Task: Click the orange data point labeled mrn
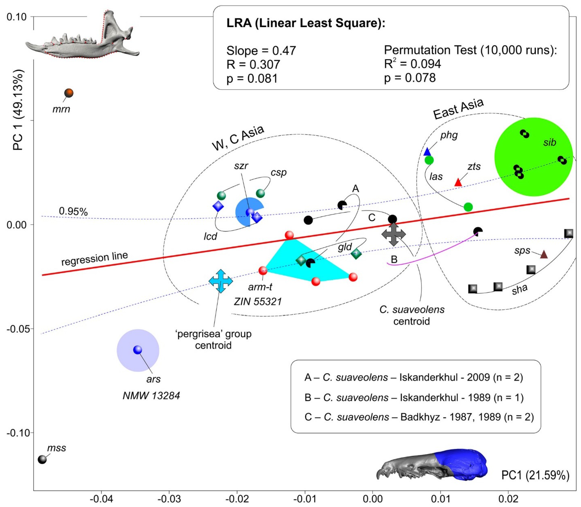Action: [69, 93]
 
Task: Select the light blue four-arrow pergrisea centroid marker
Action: [221, 281]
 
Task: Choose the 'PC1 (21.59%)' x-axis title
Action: [535, 476]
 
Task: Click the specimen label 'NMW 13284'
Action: [151, 396]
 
